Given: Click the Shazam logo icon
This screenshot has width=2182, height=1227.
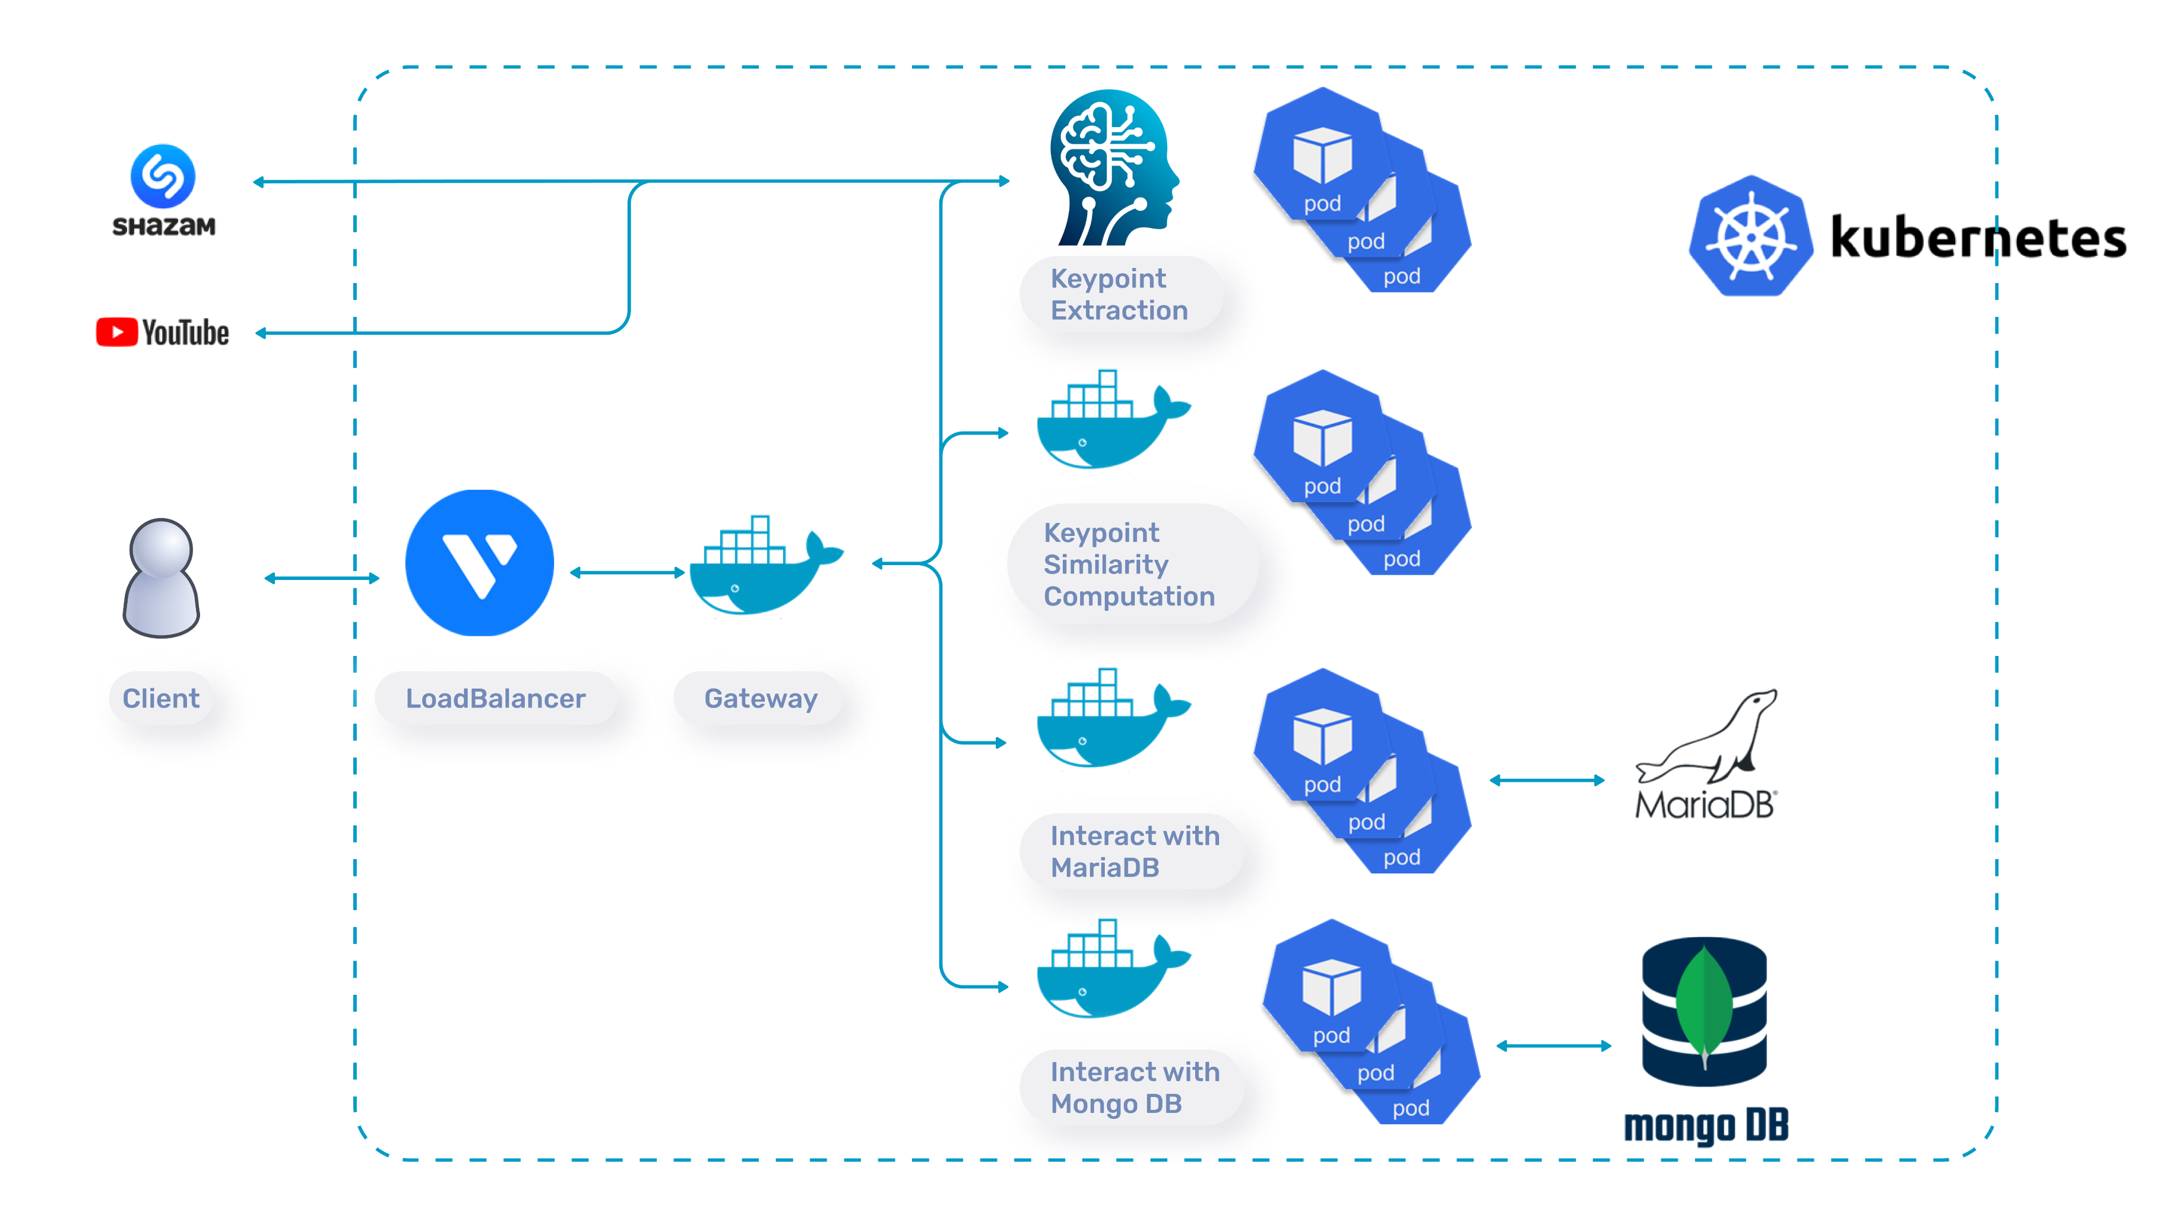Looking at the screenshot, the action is click(163, 176).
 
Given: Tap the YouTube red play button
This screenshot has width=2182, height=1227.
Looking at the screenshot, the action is click(117, 332).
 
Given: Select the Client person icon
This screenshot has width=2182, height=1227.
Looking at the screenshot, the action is click(161, 578).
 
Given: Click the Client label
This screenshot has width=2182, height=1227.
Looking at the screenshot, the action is click(161, 699).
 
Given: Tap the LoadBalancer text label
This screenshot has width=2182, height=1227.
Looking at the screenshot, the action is click(496, 699).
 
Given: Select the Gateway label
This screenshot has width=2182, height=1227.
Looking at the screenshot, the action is click(761, 699).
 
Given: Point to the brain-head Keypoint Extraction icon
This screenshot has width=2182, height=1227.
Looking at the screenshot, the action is click(1114, 167).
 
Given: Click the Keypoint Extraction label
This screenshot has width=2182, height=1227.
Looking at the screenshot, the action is click(1119, 294).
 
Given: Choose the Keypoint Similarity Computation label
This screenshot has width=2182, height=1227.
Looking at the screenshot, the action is click(1129, 564).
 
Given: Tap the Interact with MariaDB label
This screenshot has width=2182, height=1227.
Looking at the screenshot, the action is click(1135, 851).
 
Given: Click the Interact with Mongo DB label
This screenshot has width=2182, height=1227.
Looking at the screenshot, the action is click(1135, 1088).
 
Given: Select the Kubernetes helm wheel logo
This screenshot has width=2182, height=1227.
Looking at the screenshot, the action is click(1751, 236).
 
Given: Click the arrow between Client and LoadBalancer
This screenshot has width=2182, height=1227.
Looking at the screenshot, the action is click(322, 578).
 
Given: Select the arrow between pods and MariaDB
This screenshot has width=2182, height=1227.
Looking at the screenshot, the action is click(1547, 780).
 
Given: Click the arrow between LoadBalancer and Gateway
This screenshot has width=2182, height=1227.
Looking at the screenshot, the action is click(628, 572).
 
